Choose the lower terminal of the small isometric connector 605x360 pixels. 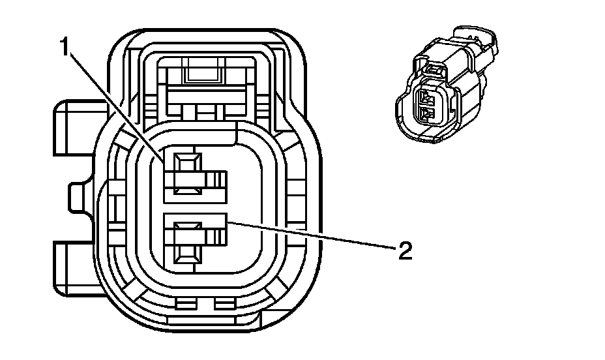click(x=426, y=115)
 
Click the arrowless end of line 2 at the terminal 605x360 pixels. click(x=228, y=222)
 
